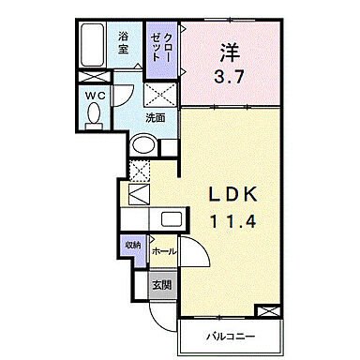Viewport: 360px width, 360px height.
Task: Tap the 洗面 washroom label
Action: pyautogui.click(x=155, y=119)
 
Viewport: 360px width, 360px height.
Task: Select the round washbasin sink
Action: pyautogui.click(x=142, y=145)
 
